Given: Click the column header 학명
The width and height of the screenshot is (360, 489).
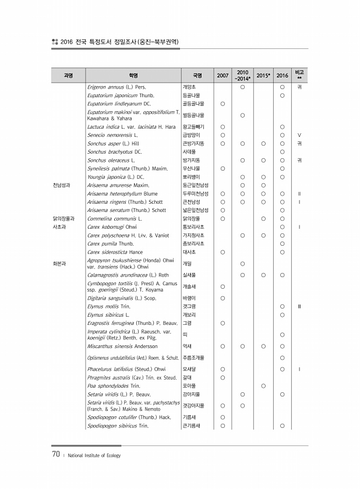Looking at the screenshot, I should tap(133, 76).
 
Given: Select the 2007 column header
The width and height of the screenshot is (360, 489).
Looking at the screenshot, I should tap(223, 76).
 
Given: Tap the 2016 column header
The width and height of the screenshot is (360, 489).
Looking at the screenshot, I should tap(282, 76).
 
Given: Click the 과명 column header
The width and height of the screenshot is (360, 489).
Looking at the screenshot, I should tap(68, 76).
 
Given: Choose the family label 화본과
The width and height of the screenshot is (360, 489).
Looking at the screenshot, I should tap(60, 263).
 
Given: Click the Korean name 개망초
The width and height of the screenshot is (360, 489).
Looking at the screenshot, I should tap(189, 87).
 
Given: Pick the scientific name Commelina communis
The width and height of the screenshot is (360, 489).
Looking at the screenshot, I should tap(114, 218).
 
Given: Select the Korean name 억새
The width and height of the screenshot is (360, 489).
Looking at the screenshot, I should tap(187, 346).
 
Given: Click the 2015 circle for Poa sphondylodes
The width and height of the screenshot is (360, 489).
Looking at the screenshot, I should tap(263, 385).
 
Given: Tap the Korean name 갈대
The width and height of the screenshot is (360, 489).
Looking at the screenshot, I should tap(187, 377).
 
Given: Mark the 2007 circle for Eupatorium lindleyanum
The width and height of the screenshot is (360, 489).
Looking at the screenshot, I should tap(223, 103).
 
